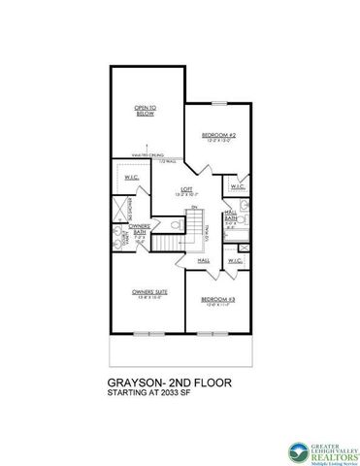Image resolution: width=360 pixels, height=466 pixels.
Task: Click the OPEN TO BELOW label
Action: pos(146,111)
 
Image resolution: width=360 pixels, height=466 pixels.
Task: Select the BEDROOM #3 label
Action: pos(213,303)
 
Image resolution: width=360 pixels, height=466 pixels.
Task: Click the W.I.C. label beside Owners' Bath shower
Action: pos(135,176)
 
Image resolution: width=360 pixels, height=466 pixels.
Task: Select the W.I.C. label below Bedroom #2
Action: pos(234,184)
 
